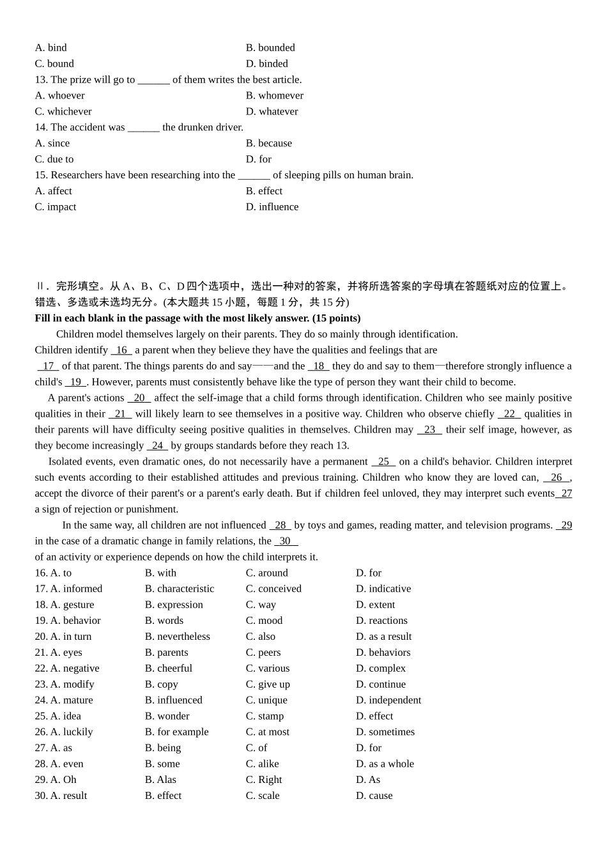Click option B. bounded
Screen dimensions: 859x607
(270, 48)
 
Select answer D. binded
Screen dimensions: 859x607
(266, 64)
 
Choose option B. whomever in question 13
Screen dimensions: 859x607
(274, 96)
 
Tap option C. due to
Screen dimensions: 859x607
(54, 159)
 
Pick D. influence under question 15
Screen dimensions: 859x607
(272, 207)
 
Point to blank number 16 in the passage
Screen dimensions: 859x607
(121, 350)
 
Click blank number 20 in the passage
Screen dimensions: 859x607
(139, 398)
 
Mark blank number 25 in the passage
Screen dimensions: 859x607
(383, 461)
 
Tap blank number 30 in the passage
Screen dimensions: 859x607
(286, 541)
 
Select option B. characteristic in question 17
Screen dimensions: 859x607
(180, 589)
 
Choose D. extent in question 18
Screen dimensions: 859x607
(375, 605)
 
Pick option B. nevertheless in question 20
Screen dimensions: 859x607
(177, 637)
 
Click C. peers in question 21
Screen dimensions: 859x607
(263, 653)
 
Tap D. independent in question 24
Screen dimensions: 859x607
(388, 700)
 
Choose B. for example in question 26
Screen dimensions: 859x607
(176, 732)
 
